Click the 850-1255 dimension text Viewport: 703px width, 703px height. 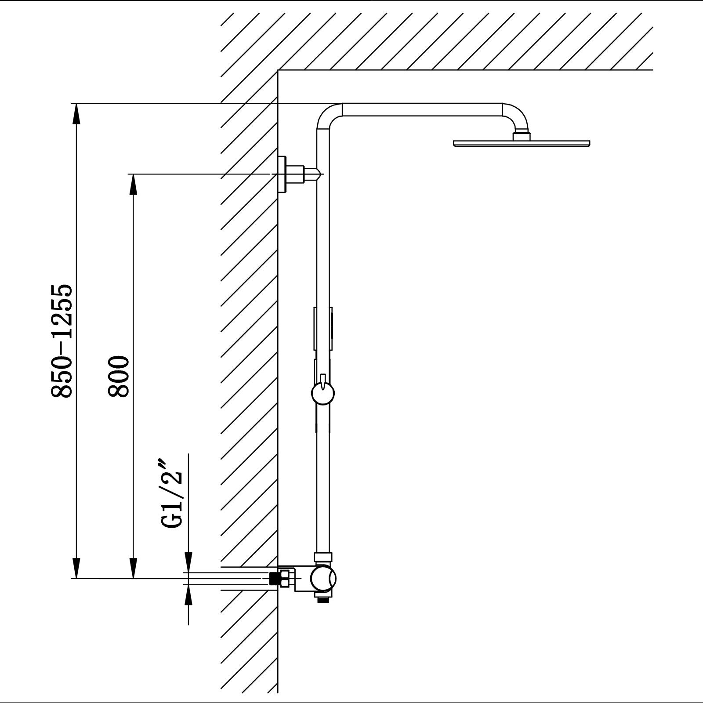click(x=61, y=341)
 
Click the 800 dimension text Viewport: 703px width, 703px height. click(x=119, y=377)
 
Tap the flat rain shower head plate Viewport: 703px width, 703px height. click(x=521, y=143)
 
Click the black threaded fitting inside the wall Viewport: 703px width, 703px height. click(x=276, y=579)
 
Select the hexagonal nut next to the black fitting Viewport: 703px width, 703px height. click(x=286, y=578)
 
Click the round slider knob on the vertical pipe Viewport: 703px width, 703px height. click(x=323, y=392)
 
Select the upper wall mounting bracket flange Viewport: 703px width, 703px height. click(x=282, y=174)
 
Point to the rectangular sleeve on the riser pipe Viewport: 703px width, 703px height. click(x=323, y=328)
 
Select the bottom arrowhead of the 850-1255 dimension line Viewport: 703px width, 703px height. click(x=76, y=569)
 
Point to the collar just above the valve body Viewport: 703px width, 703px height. click(x=323, y=557)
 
